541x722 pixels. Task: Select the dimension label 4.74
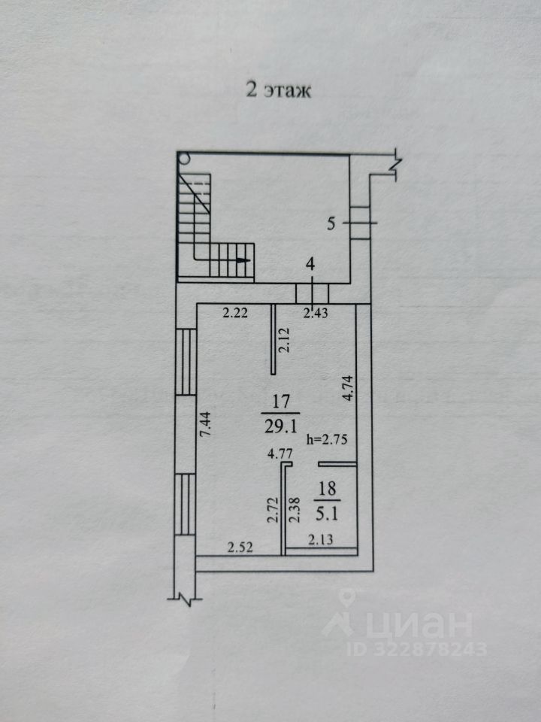(347, 390)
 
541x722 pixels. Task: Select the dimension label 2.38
(295, 510)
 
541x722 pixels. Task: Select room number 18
(328, 487)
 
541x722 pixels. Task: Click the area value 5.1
(328, 506)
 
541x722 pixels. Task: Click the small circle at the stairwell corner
(184, 158)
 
